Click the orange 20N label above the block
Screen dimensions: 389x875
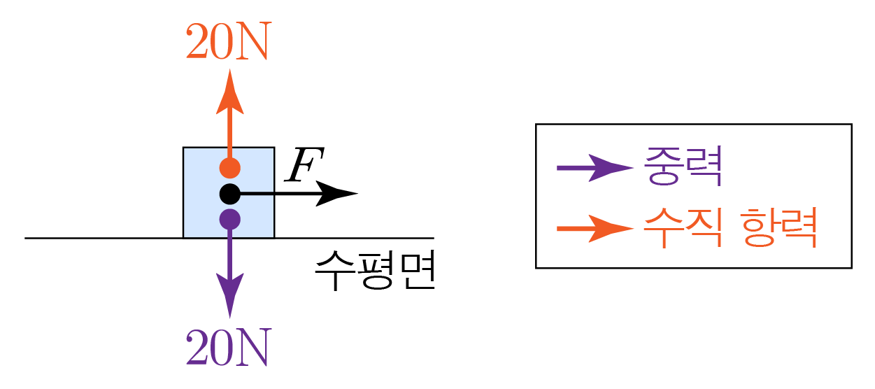227,44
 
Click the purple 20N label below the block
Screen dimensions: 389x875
227,348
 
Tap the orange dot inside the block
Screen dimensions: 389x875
229,168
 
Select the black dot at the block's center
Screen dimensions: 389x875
229,193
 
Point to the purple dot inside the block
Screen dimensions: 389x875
229,218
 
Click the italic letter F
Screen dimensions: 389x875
300,165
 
